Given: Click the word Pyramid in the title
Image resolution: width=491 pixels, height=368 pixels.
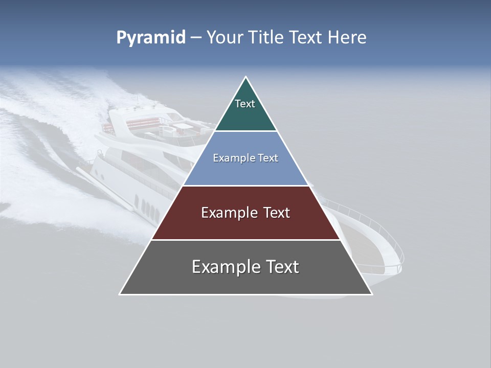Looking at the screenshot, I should point(151,38).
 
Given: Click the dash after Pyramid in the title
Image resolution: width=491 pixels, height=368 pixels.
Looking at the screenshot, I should point(196,38).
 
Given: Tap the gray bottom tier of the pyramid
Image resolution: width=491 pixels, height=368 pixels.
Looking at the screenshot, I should point(245,281).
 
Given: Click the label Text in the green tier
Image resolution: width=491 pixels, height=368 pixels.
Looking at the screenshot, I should point(245,104).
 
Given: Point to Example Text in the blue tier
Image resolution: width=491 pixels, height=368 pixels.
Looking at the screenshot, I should point(245,158).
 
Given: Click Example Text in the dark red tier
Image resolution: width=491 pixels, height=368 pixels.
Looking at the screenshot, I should point(245,213).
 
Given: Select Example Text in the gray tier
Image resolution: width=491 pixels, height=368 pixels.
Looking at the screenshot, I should point(245,267).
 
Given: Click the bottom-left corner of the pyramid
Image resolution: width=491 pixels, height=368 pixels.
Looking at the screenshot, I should point(120,294).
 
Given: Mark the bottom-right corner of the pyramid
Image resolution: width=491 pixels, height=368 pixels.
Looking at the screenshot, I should point(371,294).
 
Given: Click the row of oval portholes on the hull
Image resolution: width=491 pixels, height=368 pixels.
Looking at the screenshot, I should point(146,207).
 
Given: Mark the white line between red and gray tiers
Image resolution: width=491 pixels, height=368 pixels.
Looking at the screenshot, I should point(245,240).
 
